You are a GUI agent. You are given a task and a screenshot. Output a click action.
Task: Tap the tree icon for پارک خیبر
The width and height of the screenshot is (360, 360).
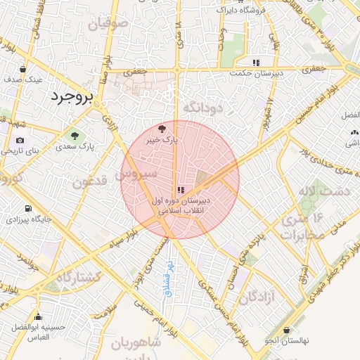pos(163,129)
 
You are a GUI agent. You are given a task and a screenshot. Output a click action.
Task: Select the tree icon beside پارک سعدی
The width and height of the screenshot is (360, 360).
pos(75,134)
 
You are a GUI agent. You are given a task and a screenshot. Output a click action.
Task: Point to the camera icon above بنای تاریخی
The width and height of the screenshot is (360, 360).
pos(20,140)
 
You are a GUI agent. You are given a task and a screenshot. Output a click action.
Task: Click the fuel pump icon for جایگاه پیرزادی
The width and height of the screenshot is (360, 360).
pos(27,208)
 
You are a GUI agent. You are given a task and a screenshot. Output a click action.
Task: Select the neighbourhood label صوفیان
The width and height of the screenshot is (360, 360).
pos(108,24)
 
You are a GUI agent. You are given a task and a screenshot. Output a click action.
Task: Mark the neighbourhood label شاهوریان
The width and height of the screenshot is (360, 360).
pos(136,342)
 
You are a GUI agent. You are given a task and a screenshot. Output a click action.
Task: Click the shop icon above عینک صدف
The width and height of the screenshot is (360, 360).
pos(24,69)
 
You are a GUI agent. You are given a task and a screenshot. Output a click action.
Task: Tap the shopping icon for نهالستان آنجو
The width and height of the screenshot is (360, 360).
pos(286,330)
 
